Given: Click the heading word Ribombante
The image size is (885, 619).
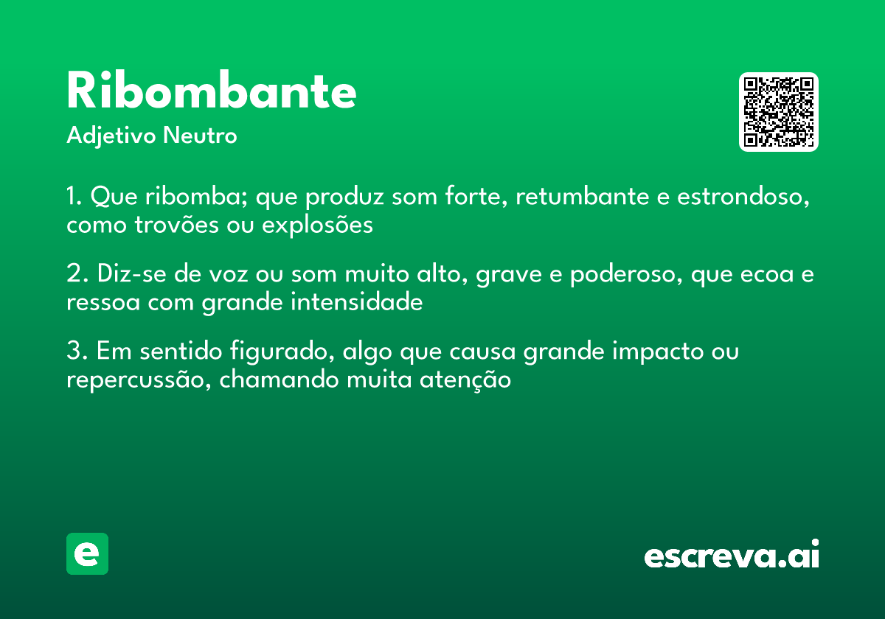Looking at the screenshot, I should [x=212, y=92].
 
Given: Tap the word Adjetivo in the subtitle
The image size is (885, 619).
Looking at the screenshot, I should [x=111, y=136].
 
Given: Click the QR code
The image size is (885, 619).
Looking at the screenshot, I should [x=779, y=112].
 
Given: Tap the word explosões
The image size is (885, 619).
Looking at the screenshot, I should [x=316, y=225].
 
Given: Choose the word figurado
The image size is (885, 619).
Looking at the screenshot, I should [x=281, y=353].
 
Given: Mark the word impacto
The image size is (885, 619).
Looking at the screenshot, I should [x=660, y=353].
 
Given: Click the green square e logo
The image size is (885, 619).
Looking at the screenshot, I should [x=87, y=553].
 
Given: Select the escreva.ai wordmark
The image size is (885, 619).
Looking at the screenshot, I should [x=731, y=555].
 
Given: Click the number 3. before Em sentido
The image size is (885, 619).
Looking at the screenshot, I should [x=77, y=352].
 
